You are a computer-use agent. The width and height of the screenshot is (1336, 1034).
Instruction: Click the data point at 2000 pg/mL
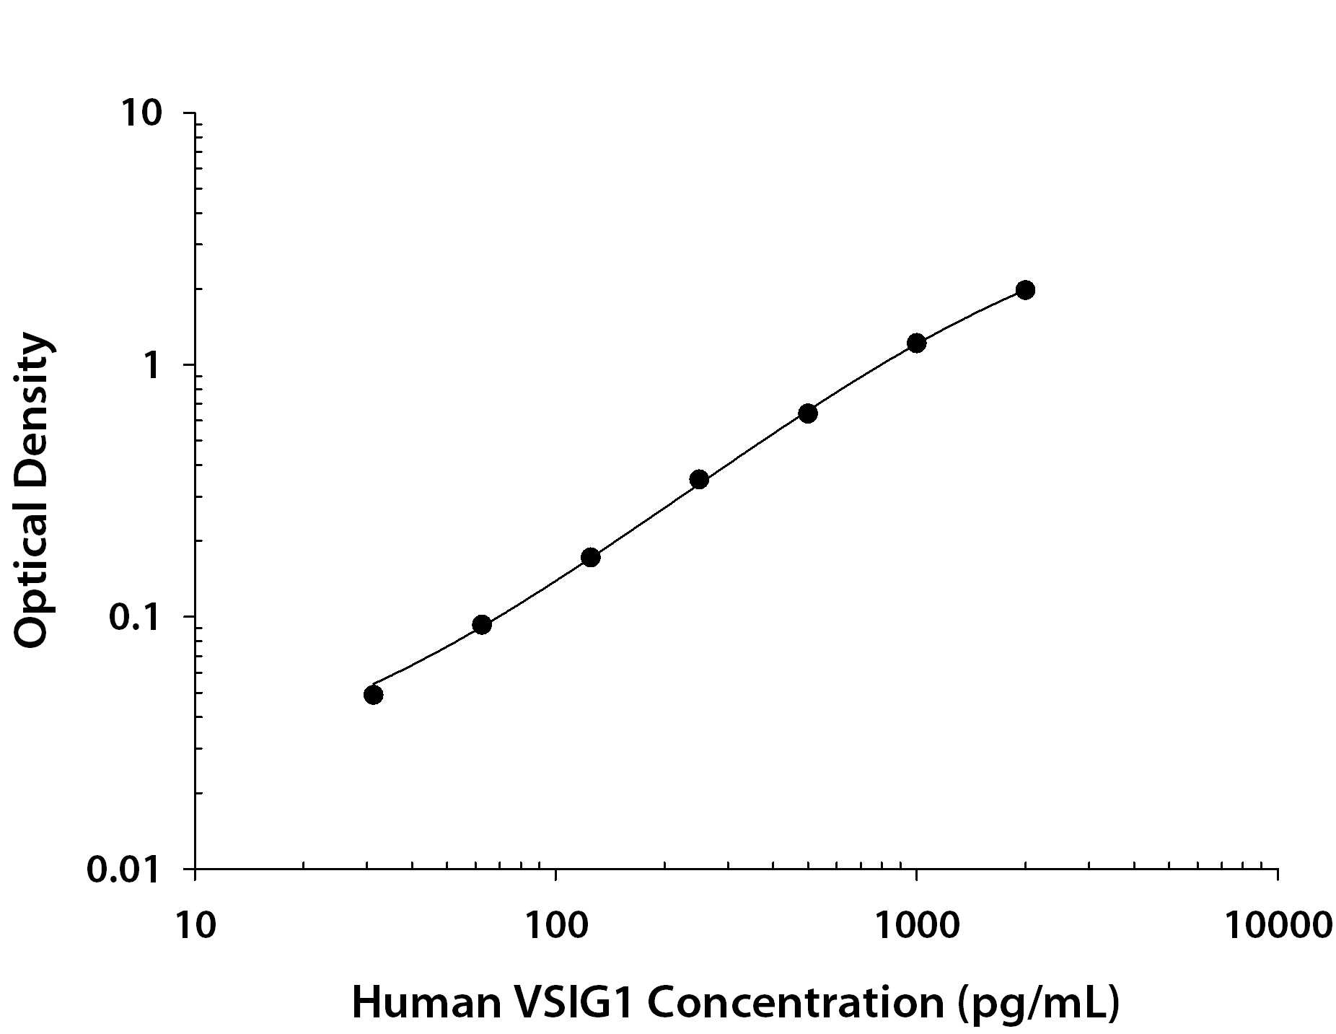[1024, 290]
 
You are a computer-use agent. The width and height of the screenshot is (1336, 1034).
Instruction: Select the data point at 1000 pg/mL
[916, 343]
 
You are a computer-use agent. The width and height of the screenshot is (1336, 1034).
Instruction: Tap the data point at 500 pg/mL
[807, 413]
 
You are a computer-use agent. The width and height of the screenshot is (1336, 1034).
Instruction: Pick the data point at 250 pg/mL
[699, 479]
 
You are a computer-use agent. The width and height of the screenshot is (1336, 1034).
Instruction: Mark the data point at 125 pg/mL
[590, 557]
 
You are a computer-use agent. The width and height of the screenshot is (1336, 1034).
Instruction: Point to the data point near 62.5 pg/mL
[482, 625]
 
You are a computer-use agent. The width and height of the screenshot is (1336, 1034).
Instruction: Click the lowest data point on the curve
[373, 695]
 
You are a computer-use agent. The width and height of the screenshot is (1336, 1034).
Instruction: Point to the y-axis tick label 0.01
[123, 870]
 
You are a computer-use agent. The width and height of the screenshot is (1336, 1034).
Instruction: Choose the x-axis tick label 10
[194, 926]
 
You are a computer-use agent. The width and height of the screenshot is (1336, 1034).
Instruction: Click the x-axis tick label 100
[555, 926]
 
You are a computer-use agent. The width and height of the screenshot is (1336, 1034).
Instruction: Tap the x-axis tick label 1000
[915, 926]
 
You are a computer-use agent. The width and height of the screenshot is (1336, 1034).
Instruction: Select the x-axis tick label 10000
[1278, 926]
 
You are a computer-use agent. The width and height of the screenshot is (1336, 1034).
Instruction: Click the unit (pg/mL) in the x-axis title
[1038, 1002]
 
